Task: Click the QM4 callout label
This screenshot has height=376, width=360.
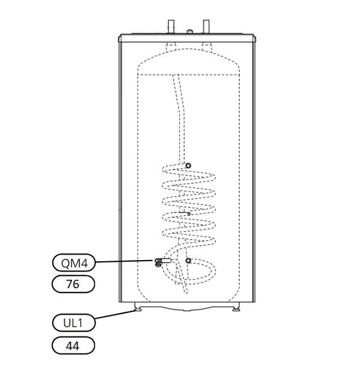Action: click(74, 262)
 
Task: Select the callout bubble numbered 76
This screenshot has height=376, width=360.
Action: click(73, 284)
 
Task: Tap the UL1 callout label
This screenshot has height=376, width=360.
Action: click(74, 323)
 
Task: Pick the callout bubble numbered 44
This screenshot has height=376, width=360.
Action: click(73, 345)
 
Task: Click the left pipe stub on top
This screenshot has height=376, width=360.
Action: click(171, 27)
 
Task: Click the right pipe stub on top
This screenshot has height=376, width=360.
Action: click(206, 27)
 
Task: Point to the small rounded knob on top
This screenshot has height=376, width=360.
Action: click(190, 32)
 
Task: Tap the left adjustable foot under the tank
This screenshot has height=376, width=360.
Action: click(138, 309)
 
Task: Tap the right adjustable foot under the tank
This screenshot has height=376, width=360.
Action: click(236, 309)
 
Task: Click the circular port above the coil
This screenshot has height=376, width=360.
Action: click(188, 165)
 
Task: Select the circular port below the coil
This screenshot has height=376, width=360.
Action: click(188, 261)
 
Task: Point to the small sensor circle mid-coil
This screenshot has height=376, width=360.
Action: click(189, 214)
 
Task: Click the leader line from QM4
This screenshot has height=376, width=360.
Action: click(124, 261)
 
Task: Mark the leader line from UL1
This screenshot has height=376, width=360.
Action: click(115, 315)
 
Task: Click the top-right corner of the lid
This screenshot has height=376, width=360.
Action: click(253, 34)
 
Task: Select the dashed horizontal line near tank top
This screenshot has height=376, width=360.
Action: click(189, 75)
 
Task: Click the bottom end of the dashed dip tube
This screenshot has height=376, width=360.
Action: click(187, 292)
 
